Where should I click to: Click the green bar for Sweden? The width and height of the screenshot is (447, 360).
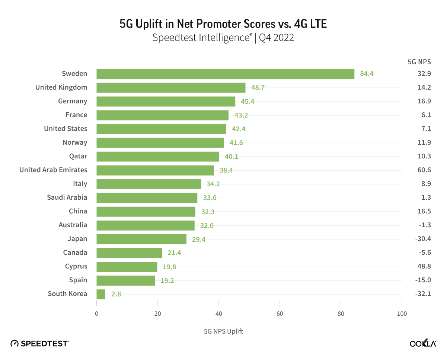coord(225,74)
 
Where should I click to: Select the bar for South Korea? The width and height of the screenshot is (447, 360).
coord(101,294)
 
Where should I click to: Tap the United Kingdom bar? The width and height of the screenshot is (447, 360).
coord(171,87)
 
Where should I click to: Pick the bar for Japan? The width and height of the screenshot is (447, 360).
coord(141,239)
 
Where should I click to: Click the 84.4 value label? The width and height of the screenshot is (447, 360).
coord(367,74)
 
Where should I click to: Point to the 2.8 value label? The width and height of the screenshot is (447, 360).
coord(116,294)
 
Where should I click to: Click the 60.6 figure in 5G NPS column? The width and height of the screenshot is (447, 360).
coord(424,170)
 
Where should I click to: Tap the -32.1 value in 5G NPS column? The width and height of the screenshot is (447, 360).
coord(423,294)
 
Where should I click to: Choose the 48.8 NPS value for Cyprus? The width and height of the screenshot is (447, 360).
coord(424,266)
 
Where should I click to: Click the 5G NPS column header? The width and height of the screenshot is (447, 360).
coord(419,62)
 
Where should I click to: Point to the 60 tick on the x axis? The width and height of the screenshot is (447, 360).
coord(280,314)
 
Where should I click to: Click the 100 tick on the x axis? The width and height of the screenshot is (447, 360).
coord(402,314)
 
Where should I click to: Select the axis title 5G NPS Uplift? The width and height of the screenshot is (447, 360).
coord(223,331)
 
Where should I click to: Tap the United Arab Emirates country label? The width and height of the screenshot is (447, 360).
coord(53,170)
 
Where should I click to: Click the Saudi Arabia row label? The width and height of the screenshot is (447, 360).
coord(67,197)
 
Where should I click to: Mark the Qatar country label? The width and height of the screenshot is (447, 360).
coord(78,156)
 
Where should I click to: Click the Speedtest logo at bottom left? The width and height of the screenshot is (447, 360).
coord(39,343)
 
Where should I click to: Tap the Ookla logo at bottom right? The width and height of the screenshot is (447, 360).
coord(423,343)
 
